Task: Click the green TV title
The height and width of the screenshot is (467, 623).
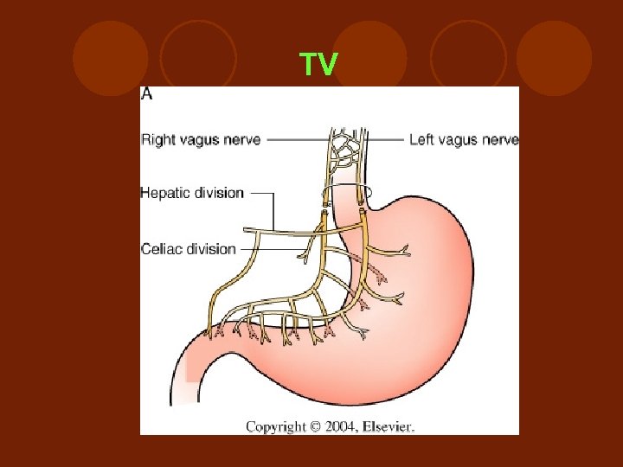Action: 318,65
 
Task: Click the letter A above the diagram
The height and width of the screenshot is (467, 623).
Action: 147,94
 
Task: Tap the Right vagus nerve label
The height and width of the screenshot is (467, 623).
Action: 201,139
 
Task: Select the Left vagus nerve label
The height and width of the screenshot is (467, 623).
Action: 464,139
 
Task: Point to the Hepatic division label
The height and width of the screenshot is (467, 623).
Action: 192,193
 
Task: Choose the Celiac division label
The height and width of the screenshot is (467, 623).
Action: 189,249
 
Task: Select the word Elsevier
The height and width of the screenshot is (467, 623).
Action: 390,426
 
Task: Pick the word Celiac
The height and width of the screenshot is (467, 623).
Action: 162,249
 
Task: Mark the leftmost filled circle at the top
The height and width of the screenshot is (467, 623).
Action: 110,58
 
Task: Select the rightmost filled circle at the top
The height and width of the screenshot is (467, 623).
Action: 555,58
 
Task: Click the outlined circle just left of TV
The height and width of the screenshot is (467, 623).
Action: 198,58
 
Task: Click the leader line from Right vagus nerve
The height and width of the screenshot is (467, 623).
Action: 294,139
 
